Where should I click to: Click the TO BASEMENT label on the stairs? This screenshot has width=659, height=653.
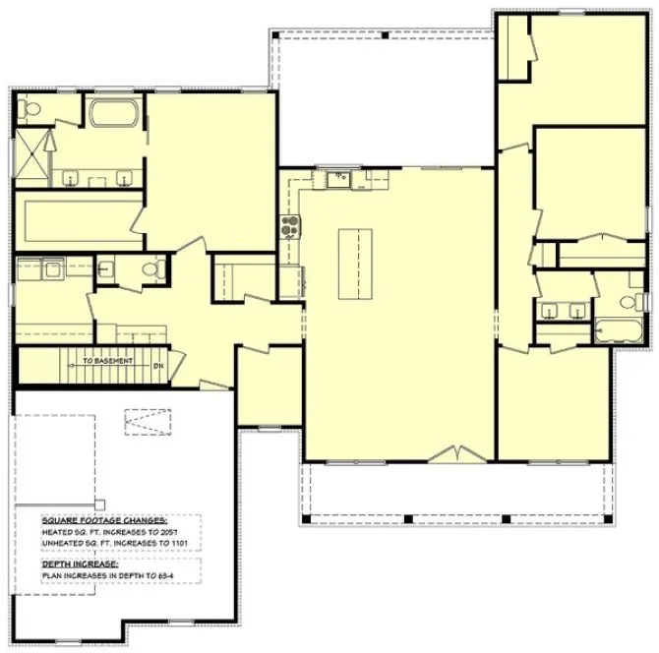(107, 362)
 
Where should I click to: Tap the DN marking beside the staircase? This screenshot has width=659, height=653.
(157, 366)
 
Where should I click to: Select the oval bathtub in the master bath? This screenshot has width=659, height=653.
(116, 112)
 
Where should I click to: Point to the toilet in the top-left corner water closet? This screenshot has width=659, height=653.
(30, 112)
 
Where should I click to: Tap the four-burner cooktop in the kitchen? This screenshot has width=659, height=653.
(290, 228)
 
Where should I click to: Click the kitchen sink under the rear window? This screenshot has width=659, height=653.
(337, 178)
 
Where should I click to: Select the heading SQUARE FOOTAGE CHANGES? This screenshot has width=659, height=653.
(104, 521)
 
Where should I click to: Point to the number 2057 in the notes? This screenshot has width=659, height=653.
(180, 532)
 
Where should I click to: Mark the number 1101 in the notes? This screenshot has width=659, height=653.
(190, 543)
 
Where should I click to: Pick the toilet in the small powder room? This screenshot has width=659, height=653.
(151, 268)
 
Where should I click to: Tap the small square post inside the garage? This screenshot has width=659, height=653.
(96, 492)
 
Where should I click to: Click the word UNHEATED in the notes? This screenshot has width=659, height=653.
(62, 543)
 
